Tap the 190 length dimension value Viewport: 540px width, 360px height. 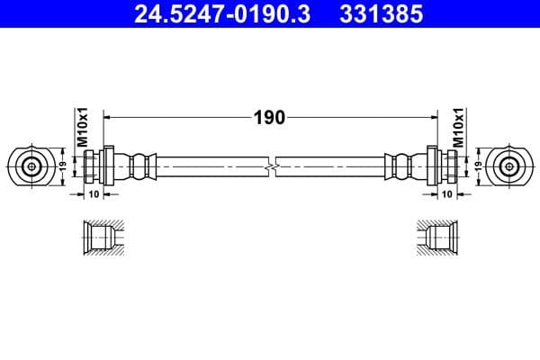point(269,117)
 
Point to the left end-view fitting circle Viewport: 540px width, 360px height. point(31,166)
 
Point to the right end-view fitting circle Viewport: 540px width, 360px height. point(508,166)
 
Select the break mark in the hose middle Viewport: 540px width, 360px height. point(271,166)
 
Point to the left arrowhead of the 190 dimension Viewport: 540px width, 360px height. point(110,117)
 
